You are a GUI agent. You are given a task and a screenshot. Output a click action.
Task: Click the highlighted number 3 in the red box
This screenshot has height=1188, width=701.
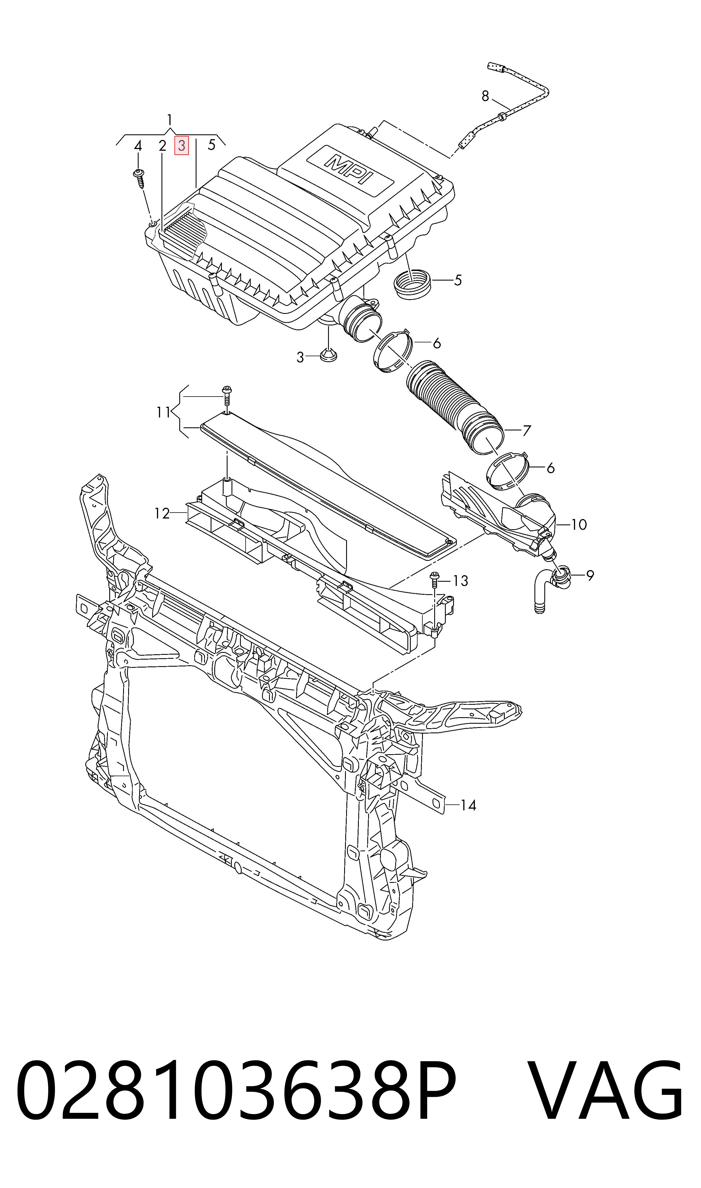pyautogui.click(x=182, y=145)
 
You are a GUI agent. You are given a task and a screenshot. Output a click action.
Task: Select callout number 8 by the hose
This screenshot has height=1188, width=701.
pyautogui.click(x=485, y=96)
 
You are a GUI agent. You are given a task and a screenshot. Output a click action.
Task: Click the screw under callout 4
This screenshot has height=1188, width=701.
pyautogui.click(x=140, y=178)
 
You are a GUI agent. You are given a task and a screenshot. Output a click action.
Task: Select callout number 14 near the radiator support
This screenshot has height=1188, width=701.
pyautogui.click(x=468, y=805)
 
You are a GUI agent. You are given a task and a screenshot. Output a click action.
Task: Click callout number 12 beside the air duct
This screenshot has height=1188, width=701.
pyautogui.click(x=162, y=513)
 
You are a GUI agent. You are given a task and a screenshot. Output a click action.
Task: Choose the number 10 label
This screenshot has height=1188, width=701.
pyautogui.click(x=579, y=525)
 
